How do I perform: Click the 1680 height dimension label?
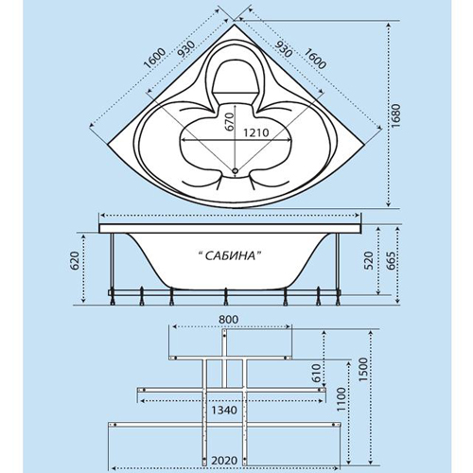396,115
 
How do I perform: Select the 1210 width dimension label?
255,132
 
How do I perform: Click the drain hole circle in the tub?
235,171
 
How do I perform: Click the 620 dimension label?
76,261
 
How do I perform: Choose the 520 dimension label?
369,261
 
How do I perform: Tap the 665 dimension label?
391,261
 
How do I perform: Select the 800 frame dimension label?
229,320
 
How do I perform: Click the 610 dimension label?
316,373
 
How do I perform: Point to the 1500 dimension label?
363,370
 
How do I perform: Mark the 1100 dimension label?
342,399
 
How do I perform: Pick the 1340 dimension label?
224,411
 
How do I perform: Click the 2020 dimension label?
224,461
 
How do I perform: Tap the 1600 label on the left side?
154,59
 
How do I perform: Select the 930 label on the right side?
283,49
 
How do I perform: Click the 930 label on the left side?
185,49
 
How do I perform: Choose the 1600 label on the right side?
314,59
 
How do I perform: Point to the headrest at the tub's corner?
235,77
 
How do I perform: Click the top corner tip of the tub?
234,24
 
